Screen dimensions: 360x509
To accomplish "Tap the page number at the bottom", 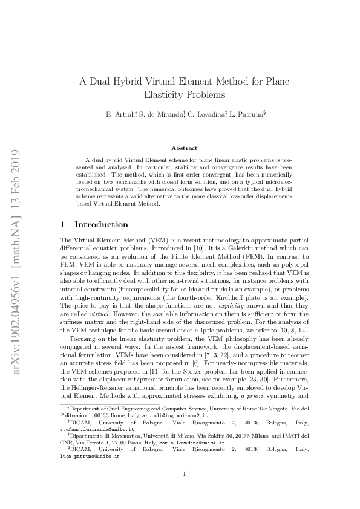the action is [183, 473].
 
